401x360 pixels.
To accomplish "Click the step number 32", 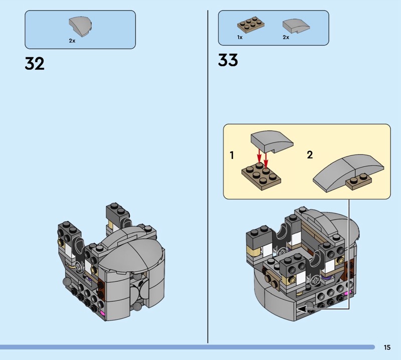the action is [x=35, y=64].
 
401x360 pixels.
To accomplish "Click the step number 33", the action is [x=228, y=60].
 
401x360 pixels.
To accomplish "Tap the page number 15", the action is [x=387, y=347].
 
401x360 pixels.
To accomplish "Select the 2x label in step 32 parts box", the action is [x=72, y=41].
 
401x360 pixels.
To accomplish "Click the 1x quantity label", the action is [x=240, y=38].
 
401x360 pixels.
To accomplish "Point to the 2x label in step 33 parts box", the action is [x=286, y=38].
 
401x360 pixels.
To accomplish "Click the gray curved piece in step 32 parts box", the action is [x=80, y=27].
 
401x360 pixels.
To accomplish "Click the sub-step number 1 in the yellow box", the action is [x=232, y=155].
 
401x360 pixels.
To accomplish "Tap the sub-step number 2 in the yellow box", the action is [x=310, y=155].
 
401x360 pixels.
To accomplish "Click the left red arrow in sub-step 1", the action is [x=259, y=155].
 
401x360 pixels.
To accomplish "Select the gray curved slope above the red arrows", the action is [x=272, y=141].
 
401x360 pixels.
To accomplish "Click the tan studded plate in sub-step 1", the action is [x=261, y=176].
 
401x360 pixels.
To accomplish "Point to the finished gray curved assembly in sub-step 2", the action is [x=348, y=172].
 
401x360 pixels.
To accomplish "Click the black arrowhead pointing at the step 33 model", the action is [x=301, y=309].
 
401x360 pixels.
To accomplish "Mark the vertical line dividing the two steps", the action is [x=208, y=176].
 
